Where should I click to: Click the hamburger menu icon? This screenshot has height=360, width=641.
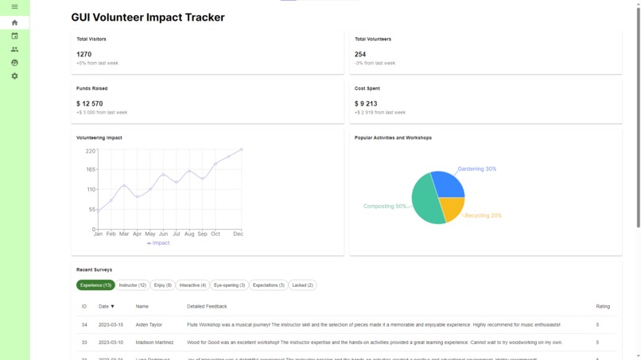coord(14,7)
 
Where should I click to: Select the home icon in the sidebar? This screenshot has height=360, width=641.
coord(14,23)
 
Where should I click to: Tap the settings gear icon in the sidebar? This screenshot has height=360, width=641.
coord(14,76)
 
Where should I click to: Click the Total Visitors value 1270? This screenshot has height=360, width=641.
coord(84,55)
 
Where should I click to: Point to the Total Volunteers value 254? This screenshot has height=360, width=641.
coord(360,55)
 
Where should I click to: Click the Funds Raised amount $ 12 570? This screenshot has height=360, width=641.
coord(89,104)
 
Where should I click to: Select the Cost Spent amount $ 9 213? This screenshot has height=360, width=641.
coord(366,104)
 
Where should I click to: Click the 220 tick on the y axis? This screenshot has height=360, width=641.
coord(90,151)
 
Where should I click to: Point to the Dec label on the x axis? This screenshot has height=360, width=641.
coord(238,234)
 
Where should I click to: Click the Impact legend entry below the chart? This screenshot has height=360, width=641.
coord(158,243)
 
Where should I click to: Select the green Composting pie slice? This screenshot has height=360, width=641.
coord(425,203)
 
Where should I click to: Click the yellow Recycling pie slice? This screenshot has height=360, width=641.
coord(452,208)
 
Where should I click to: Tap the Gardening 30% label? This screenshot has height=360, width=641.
coord(476,169)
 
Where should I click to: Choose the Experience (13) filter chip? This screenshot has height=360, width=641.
coord(95,285)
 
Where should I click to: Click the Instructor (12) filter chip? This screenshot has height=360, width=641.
coord(133,285)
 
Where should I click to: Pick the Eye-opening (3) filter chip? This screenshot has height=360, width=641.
coord(229,285)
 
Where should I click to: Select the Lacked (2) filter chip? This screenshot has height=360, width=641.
coord(302,285)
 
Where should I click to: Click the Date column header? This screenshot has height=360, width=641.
coord(106,307)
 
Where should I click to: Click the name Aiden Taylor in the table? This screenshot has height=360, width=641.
coord(149,325)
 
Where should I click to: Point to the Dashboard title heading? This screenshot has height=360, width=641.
coord(148,17)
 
